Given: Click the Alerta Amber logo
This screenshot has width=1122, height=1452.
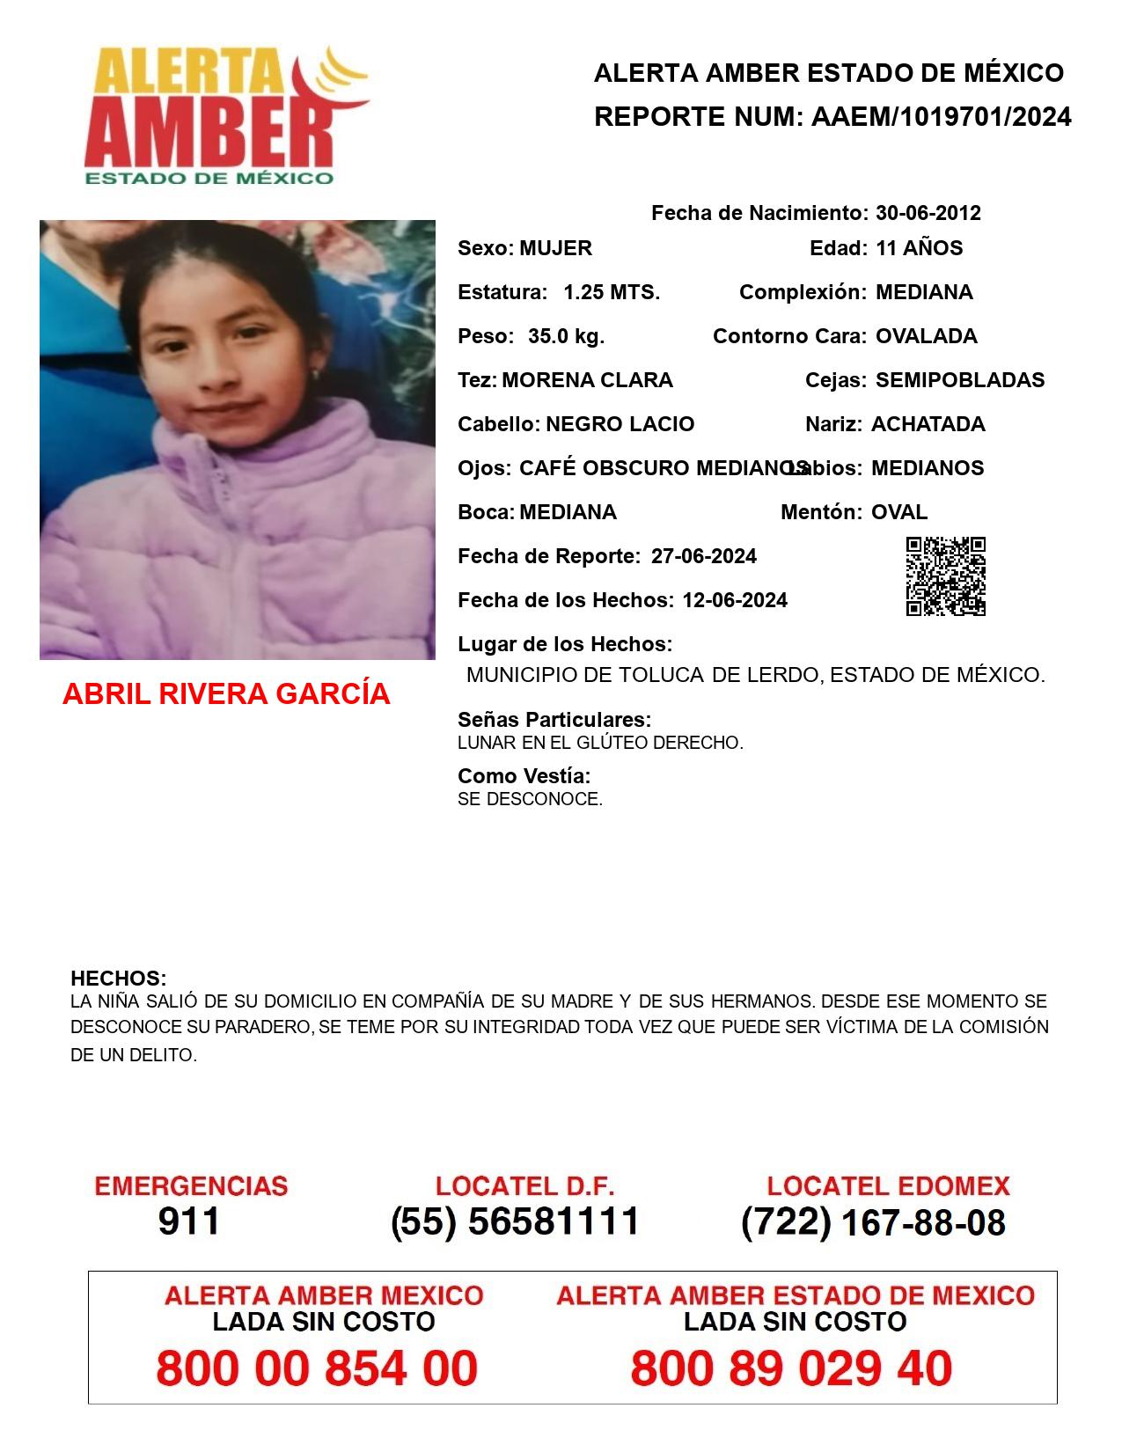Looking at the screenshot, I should click(x=224, y=114).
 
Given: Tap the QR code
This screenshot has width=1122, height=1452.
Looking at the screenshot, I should click(x=945, y=576).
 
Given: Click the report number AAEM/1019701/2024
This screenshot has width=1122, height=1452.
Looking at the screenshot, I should click(x=941, y=117).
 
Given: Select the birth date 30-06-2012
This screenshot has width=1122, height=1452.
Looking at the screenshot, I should click(x=928, y=213).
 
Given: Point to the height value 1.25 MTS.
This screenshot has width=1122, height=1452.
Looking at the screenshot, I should click(x=612, y=292).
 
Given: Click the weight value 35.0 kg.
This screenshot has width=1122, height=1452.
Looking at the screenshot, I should click(x=566, y=336).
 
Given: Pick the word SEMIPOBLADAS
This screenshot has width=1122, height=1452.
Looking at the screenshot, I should click(x=959, y=380).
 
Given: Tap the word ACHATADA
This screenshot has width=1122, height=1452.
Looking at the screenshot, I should click(x=928, y=424).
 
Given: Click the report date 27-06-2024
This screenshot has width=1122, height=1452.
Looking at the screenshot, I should click(x=703, y=556).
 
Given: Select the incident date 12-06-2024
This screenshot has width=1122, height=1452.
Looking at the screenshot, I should click(x=734, y=600).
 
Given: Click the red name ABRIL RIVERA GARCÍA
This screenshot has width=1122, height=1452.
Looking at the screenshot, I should click(x=226, y=694).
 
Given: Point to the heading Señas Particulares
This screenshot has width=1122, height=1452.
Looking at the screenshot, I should click(x=554, y=720).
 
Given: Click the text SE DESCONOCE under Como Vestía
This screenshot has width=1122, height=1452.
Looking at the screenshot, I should click(x=530, y=800).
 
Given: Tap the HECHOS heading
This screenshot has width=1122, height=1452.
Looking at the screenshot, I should click(x=118, y=979).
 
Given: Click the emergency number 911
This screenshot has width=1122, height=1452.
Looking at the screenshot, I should click(x=189, y=1221).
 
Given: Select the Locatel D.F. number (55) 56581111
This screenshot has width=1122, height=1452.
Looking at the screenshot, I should click(x=515, y=1221).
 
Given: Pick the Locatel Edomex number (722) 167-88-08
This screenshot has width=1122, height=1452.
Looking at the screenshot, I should click(x=873, y=1222).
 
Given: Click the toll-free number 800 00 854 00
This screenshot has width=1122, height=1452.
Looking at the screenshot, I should click(x=317, y=1368).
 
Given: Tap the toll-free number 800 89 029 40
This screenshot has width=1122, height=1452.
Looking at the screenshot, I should click(x=791, y=1368).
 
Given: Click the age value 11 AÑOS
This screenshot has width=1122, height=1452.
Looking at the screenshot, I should click(x=919, y=248).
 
